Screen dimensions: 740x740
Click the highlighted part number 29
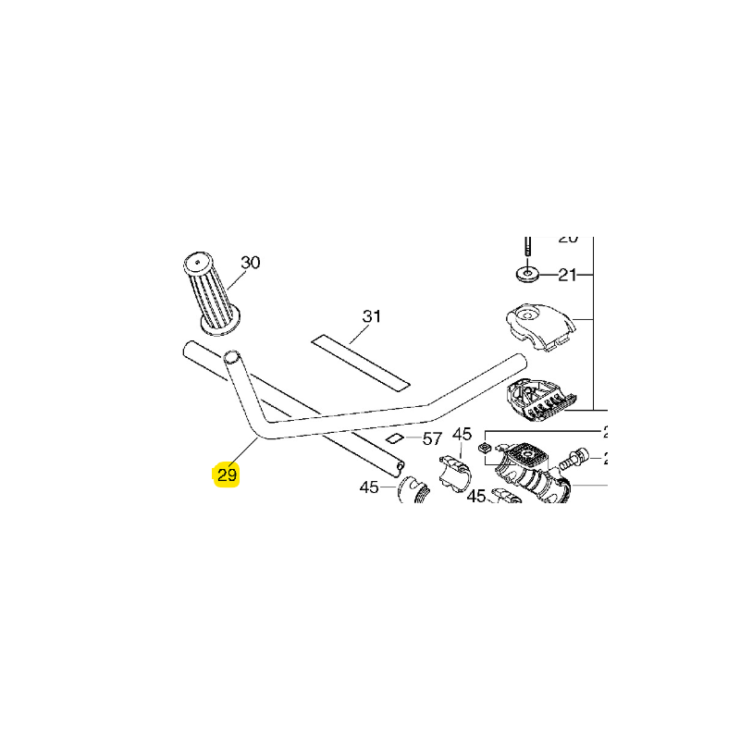click(227, 475)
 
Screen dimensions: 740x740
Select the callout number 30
click(251, 263)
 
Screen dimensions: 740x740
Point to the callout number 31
click(371, 317)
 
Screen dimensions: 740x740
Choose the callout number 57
click(432, 438)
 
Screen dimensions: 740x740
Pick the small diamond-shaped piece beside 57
click(395, 438)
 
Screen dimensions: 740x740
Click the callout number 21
click(567, 275)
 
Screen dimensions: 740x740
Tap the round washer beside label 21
click(528, 275)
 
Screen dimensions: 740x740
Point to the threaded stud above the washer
click(527, 246)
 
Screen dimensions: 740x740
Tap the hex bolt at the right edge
click(577, 456)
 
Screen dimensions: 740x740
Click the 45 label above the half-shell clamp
click(462, 434)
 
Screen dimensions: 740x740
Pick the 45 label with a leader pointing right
click(369, 487)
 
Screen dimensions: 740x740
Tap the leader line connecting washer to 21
click(549, 275)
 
